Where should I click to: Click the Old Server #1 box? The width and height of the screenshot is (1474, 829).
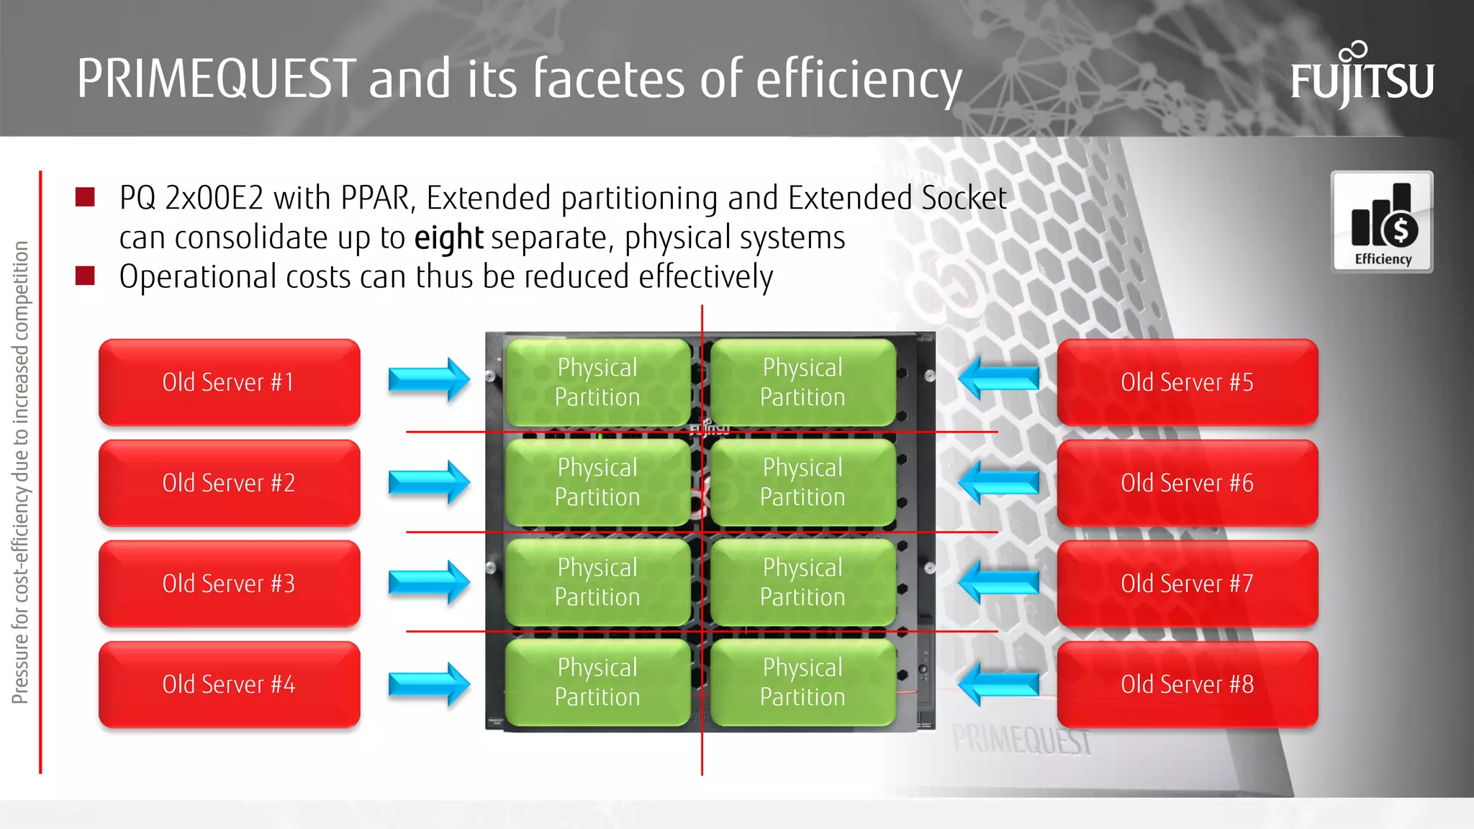pos(229,382)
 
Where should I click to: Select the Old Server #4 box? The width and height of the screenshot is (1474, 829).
pos(229,684)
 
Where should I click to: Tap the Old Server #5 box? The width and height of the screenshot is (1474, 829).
pos(1187,382)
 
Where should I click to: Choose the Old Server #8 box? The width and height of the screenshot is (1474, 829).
pos(1187,684)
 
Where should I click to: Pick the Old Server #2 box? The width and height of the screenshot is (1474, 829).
pos(229,483)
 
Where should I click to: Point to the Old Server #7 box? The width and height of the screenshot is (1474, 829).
pos(1187,584)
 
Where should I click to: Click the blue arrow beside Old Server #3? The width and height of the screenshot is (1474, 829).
pos(429,581)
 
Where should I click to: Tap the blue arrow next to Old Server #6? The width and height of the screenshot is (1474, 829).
pos(999,481)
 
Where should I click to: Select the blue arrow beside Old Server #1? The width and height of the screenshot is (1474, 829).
pos(429,379)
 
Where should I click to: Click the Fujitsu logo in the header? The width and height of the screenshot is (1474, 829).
pos(1362,76)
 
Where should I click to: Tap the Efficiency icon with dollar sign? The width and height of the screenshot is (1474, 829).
pos(1382,222)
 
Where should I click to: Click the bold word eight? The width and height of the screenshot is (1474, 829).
pos(448,238)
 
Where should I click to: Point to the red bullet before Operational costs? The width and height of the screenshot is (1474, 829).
pos(85,276)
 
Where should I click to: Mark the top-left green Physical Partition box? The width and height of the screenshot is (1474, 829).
pos(597,382)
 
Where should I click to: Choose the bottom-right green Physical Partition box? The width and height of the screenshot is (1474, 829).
pos(802,682)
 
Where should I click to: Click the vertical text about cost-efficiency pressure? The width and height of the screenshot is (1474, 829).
pos(20,472)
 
